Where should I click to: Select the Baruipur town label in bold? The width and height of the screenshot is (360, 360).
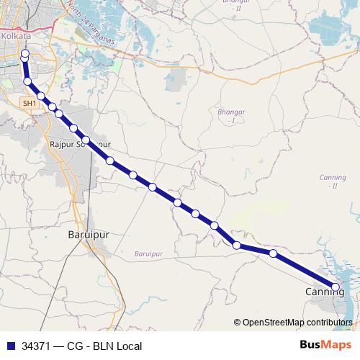(87, 235)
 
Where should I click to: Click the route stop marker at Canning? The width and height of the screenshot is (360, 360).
(336, 287)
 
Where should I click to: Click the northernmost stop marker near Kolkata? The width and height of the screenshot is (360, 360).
(25, 53)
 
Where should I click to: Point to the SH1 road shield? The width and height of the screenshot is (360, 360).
(30, 104)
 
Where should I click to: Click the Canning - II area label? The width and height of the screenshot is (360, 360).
(333, 181)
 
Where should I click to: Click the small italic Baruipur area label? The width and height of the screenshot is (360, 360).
(149, 253)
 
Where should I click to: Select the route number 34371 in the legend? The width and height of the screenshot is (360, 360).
(37, 346)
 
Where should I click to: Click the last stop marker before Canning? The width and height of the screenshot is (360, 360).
(273, 253)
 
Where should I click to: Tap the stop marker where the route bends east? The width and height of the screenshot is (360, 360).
(236, 246)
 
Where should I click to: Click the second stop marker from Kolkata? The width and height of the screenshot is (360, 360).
(28, 81)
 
